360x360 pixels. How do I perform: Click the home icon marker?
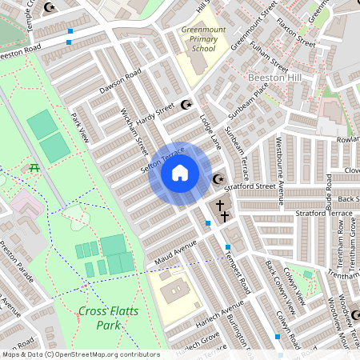click(x=179, y=173)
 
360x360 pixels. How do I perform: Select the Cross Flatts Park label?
click(x=102, y=318)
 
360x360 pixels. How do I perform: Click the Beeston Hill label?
click(x=274, y=78)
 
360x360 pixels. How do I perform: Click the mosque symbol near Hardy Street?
click(x=187, y=104)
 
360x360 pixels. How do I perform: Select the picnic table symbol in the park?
click(x=34, y=167)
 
